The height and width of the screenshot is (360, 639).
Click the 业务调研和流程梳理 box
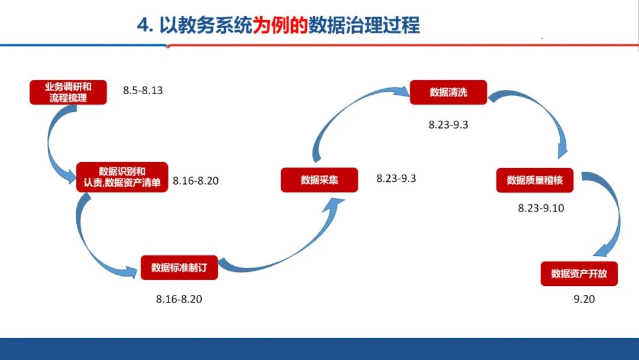[68, 92]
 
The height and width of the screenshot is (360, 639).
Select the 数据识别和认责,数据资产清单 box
[122, 177]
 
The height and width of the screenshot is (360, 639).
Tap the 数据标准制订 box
[179, 267]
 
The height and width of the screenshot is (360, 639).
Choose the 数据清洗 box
[448, 92]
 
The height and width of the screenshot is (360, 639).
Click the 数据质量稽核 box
[535, 180]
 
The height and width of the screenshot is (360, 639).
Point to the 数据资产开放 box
[579, 274]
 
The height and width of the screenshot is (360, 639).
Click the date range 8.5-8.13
[143, 91]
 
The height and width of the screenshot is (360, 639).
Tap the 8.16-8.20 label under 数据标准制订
[179, 300]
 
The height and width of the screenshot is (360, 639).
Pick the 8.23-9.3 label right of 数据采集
[396, 178]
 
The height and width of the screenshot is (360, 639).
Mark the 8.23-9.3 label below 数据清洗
[448, 125]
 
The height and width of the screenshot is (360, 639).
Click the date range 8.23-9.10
[541, 208]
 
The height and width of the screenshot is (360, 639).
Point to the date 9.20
[584, 300]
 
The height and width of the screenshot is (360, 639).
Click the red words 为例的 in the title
[280, 25]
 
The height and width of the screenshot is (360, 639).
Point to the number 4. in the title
[146, 25]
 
